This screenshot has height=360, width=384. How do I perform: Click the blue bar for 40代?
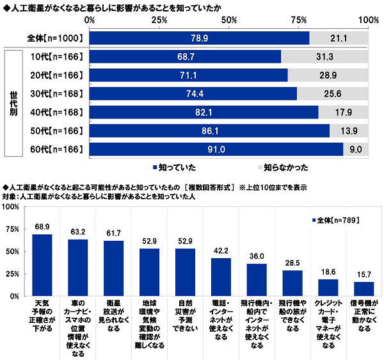coord(204,112)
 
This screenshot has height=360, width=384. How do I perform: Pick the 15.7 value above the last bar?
coord(364,274)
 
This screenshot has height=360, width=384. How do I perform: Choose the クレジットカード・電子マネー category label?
coord(328,322)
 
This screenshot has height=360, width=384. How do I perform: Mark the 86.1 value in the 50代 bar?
coord(210,131)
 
